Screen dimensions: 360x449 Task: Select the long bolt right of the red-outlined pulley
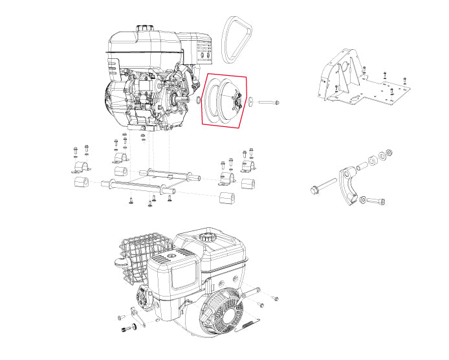[x=269, y=102]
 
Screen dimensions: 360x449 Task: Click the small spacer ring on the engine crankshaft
[x=197, y=102]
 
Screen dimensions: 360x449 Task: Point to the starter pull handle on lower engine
[x=119, y=263]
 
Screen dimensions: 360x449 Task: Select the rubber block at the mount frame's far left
[x=80, y=183]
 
